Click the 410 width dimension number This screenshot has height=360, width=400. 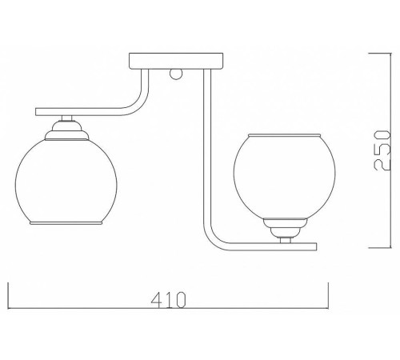[x=168, y=299]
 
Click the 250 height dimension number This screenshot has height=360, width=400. [x=382, y=150]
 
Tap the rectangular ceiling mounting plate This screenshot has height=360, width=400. [x=176, y=61]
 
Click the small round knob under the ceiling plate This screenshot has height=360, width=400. [x=176, y=74]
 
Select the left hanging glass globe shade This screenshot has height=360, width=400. [x=66, y=182]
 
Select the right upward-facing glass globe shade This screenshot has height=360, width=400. [x=285, y=177]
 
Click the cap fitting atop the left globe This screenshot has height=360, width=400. [x=66, y=130]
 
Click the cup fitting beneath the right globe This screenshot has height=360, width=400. [x=285, y=228]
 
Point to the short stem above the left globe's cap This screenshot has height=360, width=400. [x=66, y=118]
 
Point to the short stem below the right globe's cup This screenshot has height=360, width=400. [x=286, y=240]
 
